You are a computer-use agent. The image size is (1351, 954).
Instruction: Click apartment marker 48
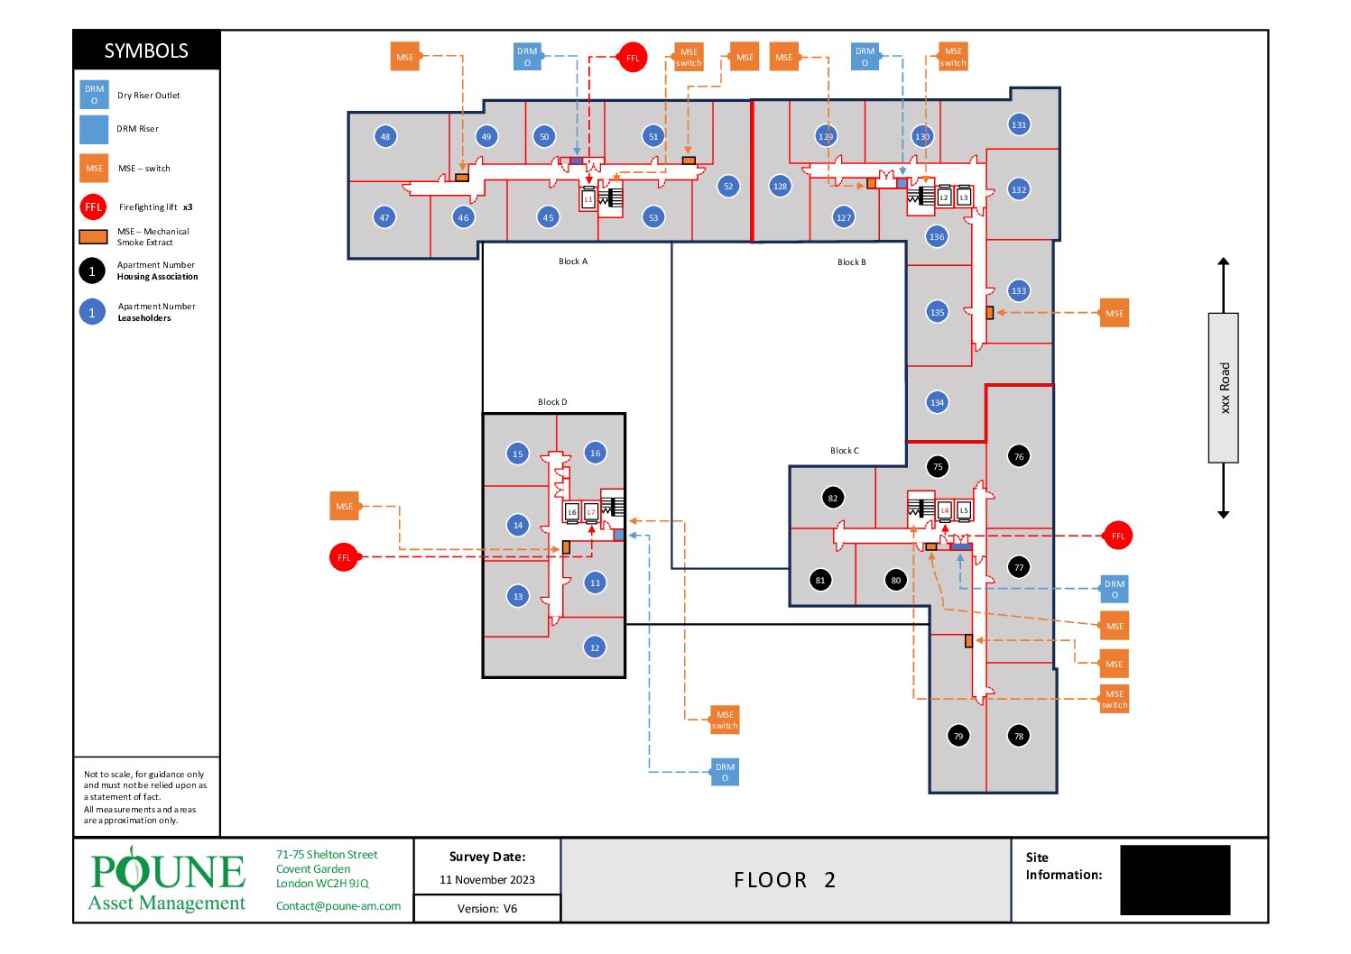[x=385, y=136]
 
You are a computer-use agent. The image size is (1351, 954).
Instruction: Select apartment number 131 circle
[x=1019, y=124]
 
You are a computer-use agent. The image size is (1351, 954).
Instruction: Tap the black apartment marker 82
[x=833, y=498]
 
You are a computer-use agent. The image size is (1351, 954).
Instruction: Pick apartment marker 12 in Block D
[x=595, y=647]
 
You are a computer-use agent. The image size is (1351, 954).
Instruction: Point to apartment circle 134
[x=937, y=402]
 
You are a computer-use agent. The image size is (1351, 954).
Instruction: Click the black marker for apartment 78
[x=1019, y=736]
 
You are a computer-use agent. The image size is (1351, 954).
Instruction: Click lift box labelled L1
[x=588, y=198]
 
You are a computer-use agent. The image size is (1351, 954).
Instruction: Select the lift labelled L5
[x=964, y=510]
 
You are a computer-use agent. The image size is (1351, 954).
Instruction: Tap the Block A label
[x=573, y=261]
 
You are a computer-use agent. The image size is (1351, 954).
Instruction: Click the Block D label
[x=552, y=402]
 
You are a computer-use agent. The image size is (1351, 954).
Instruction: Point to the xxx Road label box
[x=1224, y=388]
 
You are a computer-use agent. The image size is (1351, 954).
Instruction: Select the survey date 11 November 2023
[x=487, y=880]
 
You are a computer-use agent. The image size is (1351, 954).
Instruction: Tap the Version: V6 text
[x=487, y=909]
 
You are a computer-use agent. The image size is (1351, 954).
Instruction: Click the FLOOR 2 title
[x=784, y=880]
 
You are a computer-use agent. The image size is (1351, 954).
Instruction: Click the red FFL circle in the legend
[x=94, y=206]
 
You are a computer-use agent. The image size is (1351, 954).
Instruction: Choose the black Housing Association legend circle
[x=92, y=271]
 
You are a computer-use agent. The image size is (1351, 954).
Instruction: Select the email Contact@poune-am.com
[x=338, y=906]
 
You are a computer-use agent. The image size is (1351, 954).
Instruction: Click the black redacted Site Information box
[x=1175, y=880]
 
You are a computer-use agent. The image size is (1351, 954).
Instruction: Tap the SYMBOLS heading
[x=146, y=50]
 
